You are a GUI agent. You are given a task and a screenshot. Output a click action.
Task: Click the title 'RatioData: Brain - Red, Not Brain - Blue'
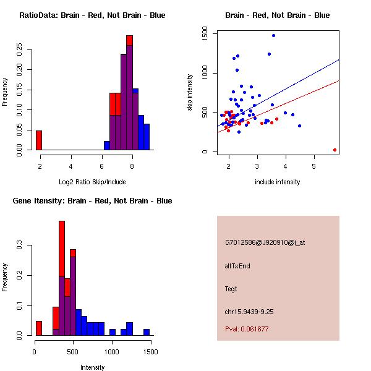[92, 15]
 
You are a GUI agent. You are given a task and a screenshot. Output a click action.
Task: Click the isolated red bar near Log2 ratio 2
[39, 140]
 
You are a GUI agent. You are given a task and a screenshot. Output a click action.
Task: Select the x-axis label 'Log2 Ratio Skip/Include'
[92, 182]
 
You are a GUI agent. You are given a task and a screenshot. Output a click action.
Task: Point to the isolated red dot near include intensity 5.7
[335, 150]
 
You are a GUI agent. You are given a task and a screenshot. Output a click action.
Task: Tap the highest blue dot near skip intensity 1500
[273, 36]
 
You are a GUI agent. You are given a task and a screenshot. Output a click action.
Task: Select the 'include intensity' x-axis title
[278, 182]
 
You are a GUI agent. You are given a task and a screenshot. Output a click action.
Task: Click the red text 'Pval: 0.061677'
[247, 329]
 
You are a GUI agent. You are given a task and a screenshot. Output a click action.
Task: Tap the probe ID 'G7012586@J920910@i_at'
[265, 242]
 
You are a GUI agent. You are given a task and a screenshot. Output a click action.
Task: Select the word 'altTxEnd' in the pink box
[237, 266]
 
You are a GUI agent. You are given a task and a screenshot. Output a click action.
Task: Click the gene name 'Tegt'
[231, 289]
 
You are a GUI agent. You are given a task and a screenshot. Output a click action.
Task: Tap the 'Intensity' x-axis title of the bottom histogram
[93, 367]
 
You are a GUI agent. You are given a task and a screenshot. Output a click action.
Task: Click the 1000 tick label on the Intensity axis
[112, 352]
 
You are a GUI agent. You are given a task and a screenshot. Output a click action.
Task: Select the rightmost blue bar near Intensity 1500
[147, 332]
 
